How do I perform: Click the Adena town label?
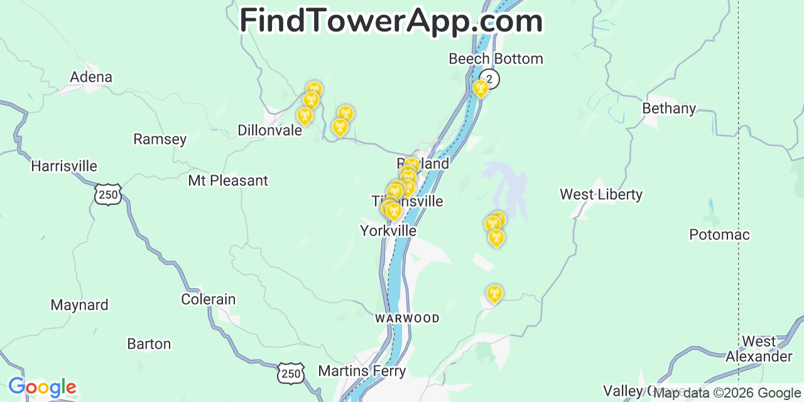91,77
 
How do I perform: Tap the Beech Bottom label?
496,59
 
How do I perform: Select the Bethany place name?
669,109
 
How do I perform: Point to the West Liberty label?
601,195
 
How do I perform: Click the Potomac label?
719,235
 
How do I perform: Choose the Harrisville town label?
64,166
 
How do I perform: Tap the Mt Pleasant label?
228,181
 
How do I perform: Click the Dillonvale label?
266,130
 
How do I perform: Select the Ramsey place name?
160,139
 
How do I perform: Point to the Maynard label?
79,305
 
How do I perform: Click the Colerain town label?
208,300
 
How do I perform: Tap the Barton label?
149,344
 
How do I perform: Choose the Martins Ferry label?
362,371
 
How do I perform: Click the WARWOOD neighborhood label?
407,319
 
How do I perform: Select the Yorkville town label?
388,231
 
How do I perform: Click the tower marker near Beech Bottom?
481,88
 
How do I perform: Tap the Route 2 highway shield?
491,79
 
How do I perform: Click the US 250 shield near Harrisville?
108,195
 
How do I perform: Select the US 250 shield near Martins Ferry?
291,373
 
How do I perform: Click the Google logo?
41,387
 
